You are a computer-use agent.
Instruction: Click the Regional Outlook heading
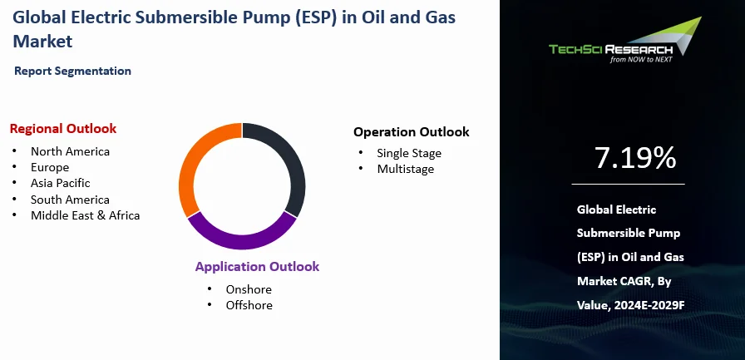click(x=63, y=129)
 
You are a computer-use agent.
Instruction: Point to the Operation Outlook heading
click(x=411, y=132)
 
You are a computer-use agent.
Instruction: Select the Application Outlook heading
click(x=257, y=267)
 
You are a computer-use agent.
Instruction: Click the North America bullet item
click(x=70, y=151)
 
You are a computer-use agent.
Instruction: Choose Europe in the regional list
click(x=49, y=167)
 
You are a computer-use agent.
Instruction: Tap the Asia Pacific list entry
click(x=60, y=183)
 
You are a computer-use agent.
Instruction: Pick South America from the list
click(x=70, y=200)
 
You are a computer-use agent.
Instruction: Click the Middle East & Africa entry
click(x=85, y=215)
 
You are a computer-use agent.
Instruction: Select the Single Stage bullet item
click(x=408, y=153)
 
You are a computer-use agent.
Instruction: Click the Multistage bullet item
click(x=405, y=169)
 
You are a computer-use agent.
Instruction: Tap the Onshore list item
click(x=249, y=289)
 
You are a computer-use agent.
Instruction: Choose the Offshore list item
click(x=249, y=305)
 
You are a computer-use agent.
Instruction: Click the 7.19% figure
click(x=635, y=158)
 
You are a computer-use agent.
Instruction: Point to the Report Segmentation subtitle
click(x=72, y=72)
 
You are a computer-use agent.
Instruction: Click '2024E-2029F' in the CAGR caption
click(x=653, y=305)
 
